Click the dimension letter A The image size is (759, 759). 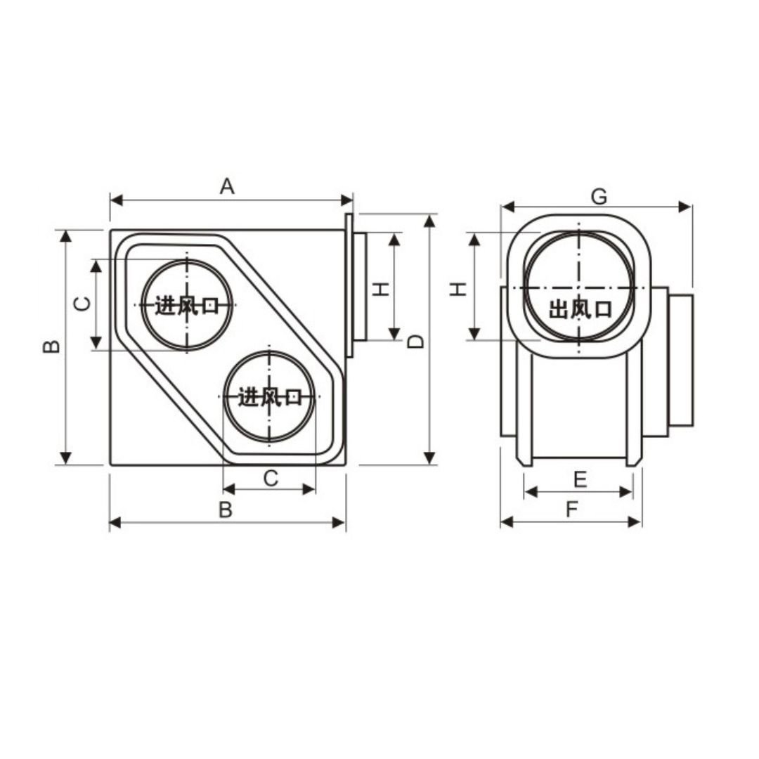[227, 186]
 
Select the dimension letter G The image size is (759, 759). [599, 197]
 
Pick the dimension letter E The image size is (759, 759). [580, 479]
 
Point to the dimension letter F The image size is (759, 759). [572, 510]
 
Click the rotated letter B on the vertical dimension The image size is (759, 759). [52, 346]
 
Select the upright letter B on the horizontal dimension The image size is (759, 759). [226, 510]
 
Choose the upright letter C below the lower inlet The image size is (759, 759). [271, 479]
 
